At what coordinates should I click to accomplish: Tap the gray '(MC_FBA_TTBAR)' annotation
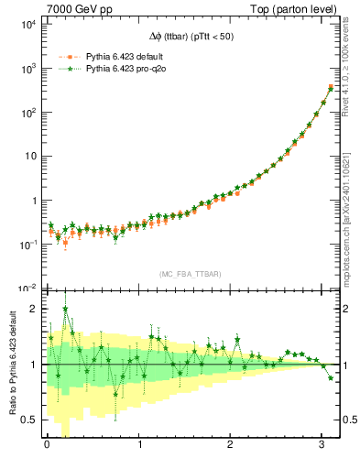(189, 275)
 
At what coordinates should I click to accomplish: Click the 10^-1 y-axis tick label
(26, 245)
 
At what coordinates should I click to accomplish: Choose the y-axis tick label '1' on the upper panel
(33, 201)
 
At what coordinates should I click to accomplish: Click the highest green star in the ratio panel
(65, 309)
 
